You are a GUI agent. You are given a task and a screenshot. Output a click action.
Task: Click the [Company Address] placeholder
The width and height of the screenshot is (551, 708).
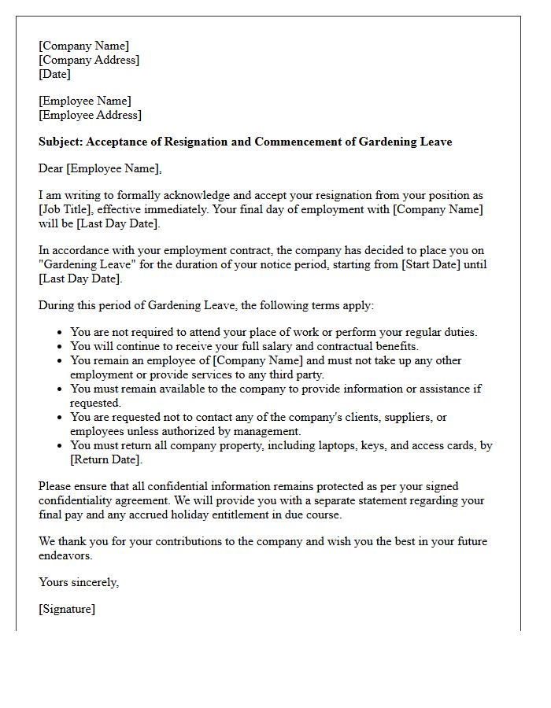pyautogui.click(x=89, y=60)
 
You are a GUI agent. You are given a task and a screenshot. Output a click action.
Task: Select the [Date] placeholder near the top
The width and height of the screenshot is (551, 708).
pyautogui.click(x=54, y=74)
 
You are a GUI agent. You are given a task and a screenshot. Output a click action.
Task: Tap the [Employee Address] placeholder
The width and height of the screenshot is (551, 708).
pyautogui.click(x=90, y=115)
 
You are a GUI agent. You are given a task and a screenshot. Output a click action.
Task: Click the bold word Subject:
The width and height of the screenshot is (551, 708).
pyautogui.click(x=61, y=142)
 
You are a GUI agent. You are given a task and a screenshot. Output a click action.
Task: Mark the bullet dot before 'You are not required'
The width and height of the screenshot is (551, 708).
pyautogui.click(x=60, y=333)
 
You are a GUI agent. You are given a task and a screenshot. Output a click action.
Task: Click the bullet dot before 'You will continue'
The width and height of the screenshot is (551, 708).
pyautogui.click(x=60, y=347)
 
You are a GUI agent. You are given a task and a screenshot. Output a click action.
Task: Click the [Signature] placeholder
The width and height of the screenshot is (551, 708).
pyautogui.click(x=67, y=609)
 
